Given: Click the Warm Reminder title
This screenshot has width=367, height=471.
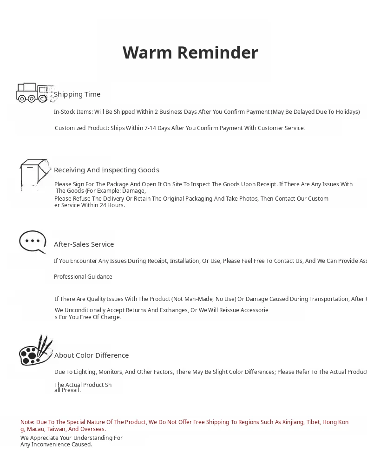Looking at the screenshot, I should click(190, 53).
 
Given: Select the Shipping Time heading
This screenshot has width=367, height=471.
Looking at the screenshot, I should click(77, 94).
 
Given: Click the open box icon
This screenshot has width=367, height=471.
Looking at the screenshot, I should click(35, 174).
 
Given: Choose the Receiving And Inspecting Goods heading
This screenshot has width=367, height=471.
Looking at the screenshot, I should click(106, 170).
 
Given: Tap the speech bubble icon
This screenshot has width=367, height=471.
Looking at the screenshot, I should click(33, 242).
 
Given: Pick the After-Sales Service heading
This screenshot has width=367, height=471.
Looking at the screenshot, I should click(84, 244).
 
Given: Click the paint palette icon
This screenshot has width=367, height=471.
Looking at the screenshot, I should click(35, 351).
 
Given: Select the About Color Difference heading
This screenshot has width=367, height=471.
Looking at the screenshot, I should click(92, 355).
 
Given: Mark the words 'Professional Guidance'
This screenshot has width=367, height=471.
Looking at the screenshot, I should click(83, 277).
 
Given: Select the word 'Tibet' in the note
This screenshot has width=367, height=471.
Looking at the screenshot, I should click(313, 422).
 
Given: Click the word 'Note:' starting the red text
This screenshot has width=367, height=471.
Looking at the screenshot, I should click(27, 422).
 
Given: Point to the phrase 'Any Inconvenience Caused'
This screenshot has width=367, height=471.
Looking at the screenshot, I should click(56, 445).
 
